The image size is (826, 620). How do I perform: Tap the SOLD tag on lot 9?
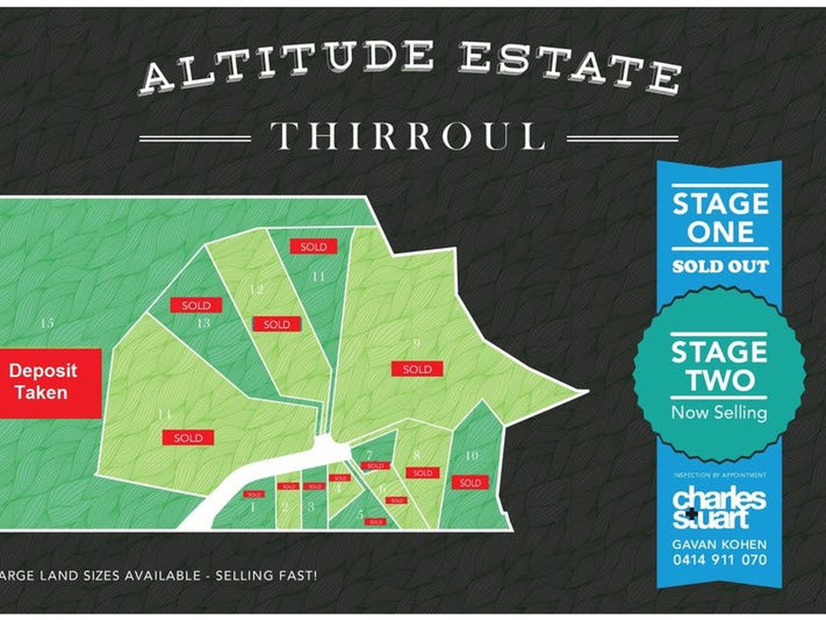pos(417,369)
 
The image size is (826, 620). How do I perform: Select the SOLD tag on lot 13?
pos(196,305)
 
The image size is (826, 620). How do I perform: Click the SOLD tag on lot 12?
pos(277,324)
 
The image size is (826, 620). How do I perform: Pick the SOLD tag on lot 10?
pos(470,483)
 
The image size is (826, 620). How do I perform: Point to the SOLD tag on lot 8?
pos(423,473)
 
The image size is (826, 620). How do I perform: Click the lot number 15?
pos(47,323)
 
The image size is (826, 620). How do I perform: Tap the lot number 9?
pos(416,344)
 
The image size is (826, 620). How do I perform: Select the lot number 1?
pos(253,507)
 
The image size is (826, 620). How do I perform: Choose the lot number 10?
pos(472,456)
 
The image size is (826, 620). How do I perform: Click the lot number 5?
pos(360,515)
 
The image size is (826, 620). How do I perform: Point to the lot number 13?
pos(203,323)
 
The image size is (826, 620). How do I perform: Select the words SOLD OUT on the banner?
pos(720,266)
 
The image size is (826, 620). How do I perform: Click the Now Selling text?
pos(719,412)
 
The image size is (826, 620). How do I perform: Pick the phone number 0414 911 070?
pos(720,560)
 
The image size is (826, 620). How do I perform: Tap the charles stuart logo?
pos(719,509)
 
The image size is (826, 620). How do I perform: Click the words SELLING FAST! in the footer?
pos(266,576)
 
